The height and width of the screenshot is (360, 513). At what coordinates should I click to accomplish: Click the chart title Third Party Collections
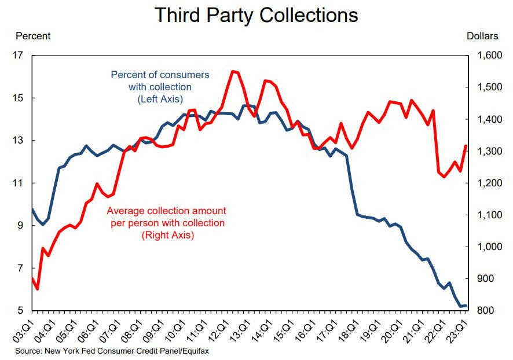point(256,16)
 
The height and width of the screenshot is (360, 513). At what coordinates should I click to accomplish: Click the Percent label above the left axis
point(33,36)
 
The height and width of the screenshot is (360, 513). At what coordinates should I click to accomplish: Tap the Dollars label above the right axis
point(482,36)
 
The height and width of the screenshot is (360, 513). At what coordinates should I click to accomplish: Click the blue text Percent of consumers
point(160,75)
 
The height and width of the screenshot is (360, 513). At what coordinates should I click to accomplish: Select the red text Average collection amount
point(167,210)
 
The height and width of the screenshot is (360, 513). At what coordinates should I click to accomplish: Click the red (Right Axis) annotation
point(167,236)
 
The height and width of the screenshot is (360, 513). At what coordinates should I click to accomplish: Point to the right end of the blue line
point(466,306)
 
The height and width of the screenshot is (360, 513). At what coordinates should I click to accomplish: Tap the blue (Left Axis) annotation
point(160,100)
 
